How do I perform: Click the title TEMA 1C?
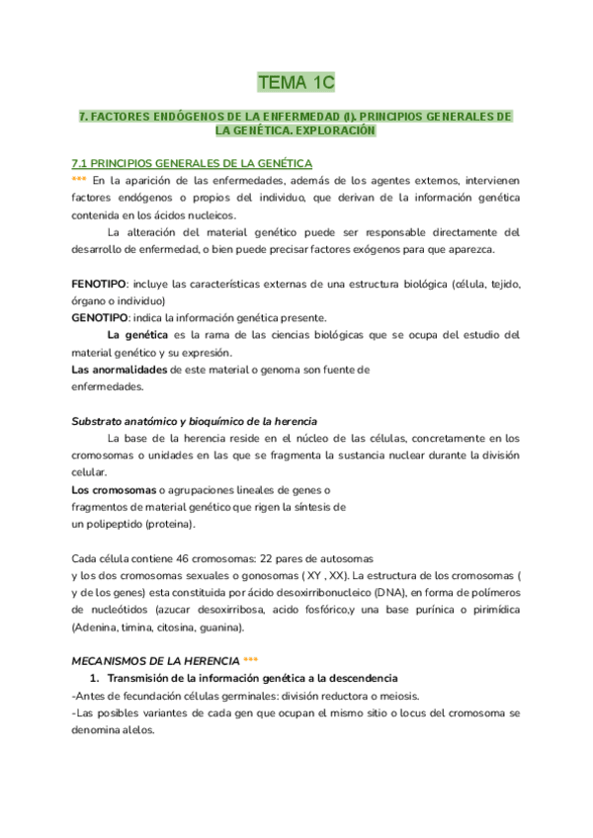tap(296, 81)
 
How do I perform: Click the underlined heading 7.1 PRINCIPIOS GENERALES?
tap(193, 163)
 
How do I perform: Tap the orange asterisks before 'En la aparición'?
tap(79, 181)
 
